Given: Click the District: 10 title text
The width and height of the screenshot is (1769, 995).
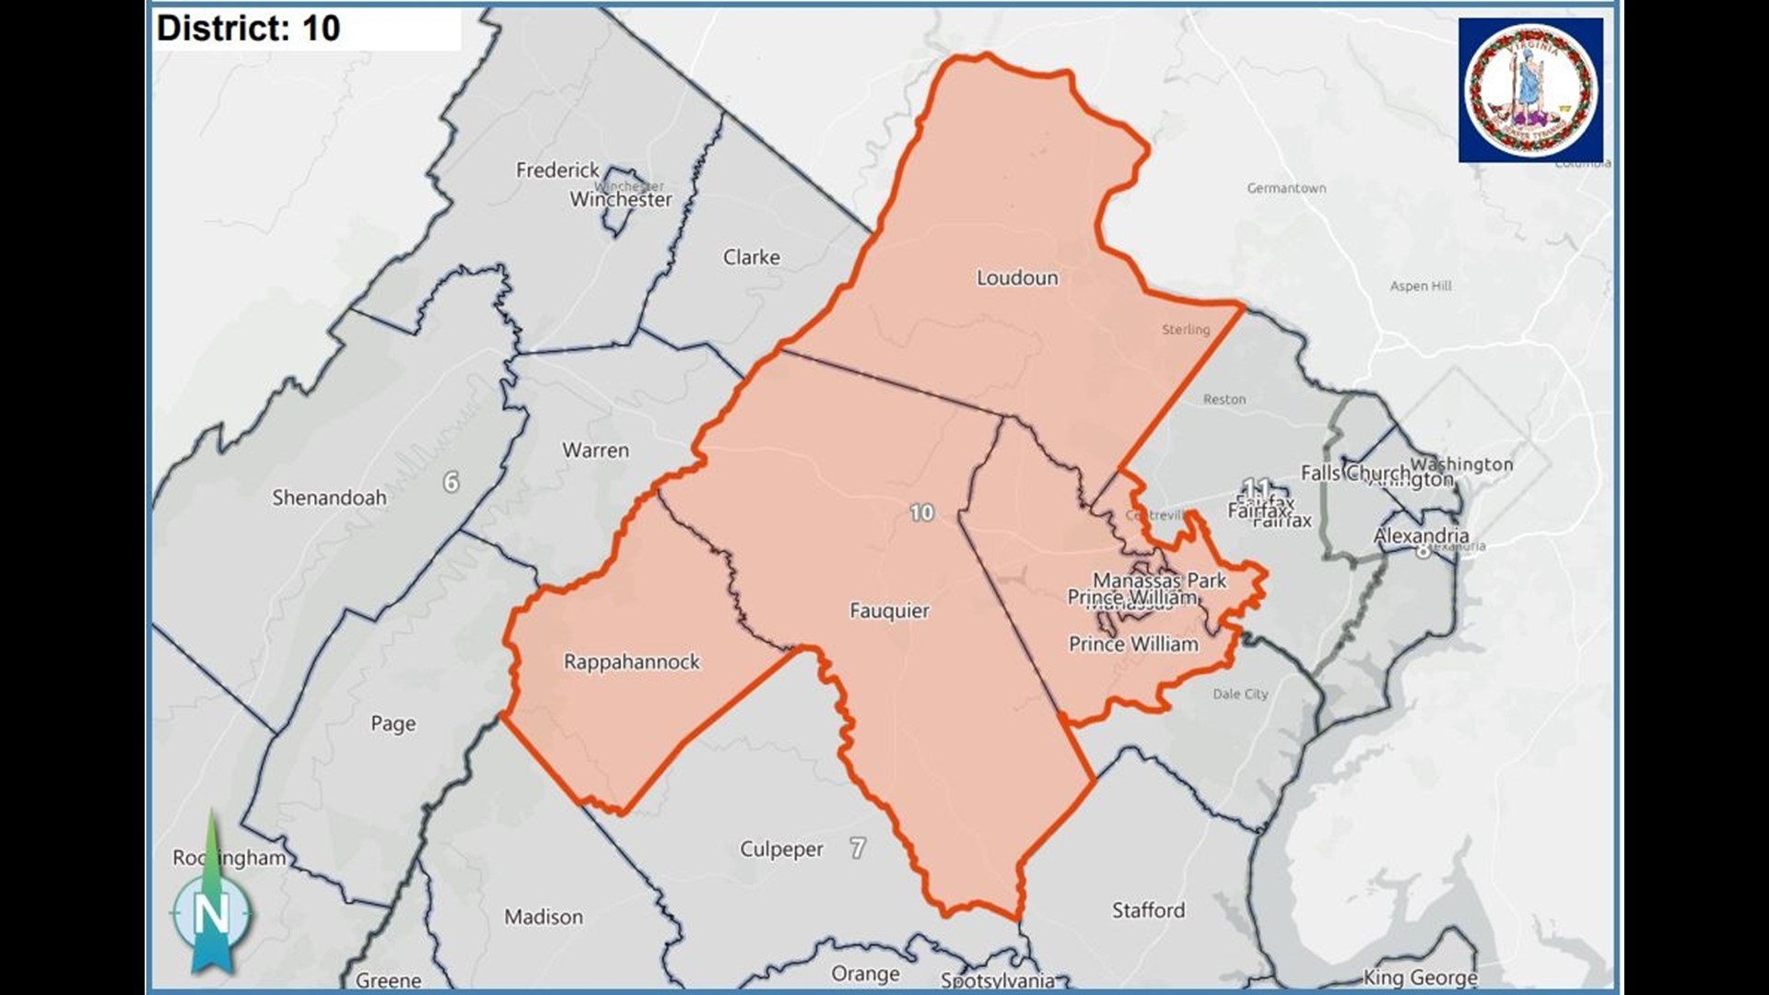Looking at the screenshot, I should (x=249, y=29).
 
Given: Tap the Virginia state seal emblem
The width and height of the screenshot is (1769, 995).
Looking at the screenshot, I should (x=1530, y=90).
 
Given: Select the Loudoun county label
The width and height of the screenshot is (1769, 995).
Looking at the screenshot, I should (x=1017, y=278).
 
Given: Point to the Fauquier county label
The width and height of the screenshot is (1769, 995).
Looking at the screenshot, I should (x=889, y=611).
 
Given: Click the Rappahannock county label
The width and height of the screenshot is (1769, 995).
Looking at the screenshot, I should (x=631, y=662).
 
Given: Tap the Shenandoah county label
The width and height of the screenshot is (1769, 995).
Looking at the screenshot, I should (x=329, y=498).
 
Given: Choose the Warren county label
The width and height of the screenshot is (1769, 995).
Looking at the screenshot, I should (x=595, y=451).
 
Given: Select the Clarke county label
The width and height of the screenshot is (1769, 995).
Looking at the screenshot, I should (x=751, y=258).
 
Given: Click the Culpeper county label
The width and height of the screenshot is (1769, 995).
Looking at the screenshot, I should (x=781, y=849).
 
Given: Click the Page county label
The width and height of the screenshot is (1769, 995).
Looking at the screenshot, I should (x=393, y=724).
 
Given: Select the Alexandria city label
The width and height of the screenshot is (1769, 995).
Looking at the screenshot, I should (x=1421, y=536).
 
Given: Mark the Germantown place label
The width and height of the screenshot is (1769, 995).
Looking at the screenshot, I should (x=1286, y=189).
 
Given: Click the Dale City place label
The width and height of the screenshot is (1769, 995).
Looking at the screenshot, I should (x=1240, y=695).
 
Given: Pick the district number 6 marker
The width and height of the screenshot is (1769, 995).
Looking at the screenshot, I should (x=451, y=482).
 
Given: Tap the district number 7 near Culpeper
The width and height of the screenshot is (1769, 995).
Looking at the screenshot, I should (x=858, y=849).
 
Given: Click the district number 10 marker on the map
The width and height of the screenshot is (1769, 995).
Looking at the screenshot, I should (x=921, y=513).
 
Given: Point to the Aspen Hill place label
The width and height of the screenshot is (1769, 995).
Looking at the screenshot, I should (x=1421, y=287).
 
